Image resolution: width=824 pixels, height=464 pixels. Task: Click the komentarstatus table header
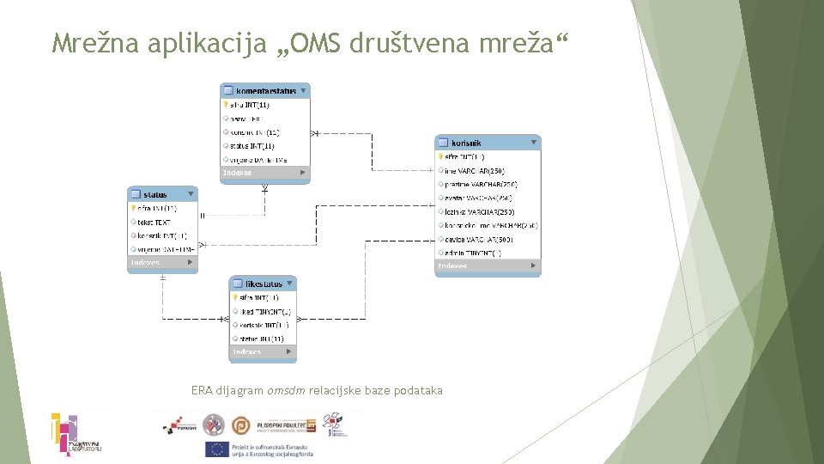pos(265,90)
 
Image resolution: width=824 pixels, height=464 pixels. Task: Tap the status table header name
pos(155,195)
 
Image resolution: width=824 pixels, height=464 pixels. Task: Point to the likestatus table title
pos(263,284)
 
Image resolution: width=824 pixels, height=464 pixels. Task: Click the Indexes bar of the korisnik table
pos(488,266)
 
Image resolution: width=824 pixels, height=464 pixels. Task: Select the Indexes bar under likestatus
pos(263,351)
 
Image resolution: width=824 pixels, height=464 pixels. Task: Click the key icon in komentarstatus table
pos(226,105)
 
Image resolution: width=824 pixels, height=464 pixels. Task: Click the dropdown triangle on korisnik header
pos(534,143)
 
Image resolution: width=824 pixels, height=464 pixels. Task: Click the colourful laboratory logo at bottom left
pos(76,435)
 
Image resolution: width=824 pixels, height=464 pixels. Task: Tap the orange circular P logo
pos(244,425)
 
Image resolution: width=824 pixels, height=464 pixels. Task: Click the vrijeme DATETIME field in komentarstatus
pos(258,160)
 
